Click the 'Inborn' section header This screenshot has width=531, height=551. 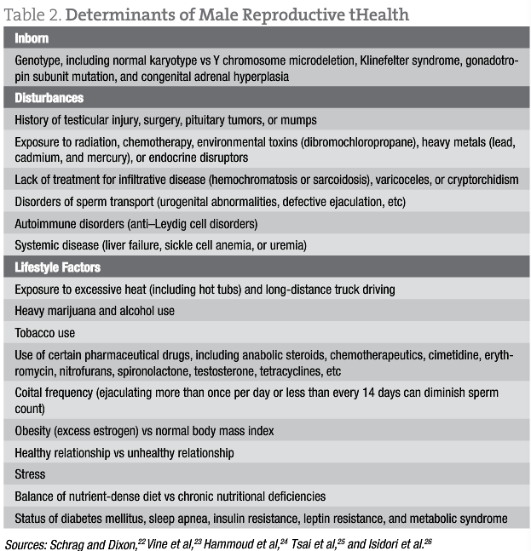click(x=32, y=38)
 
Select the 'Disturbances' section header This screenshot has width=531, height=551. click(x=49, y=98)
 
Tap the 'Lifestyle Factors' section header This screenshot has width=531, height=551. click(x=58, y=267)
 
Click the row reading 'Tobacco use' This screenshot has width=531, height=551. click(x=44, y=332)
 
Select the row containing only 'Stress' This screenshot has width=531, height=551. click(x=31, y=474)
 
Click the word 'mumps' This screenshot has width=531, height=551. click(x=301, y=120)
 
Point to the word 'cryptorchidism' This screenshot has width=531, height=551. click(x=476, y=180)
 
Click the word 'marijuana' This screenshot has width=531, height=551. click(x=80, y=311)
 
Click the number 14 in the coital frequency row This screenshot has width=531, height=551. click(x=403, y=393)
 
